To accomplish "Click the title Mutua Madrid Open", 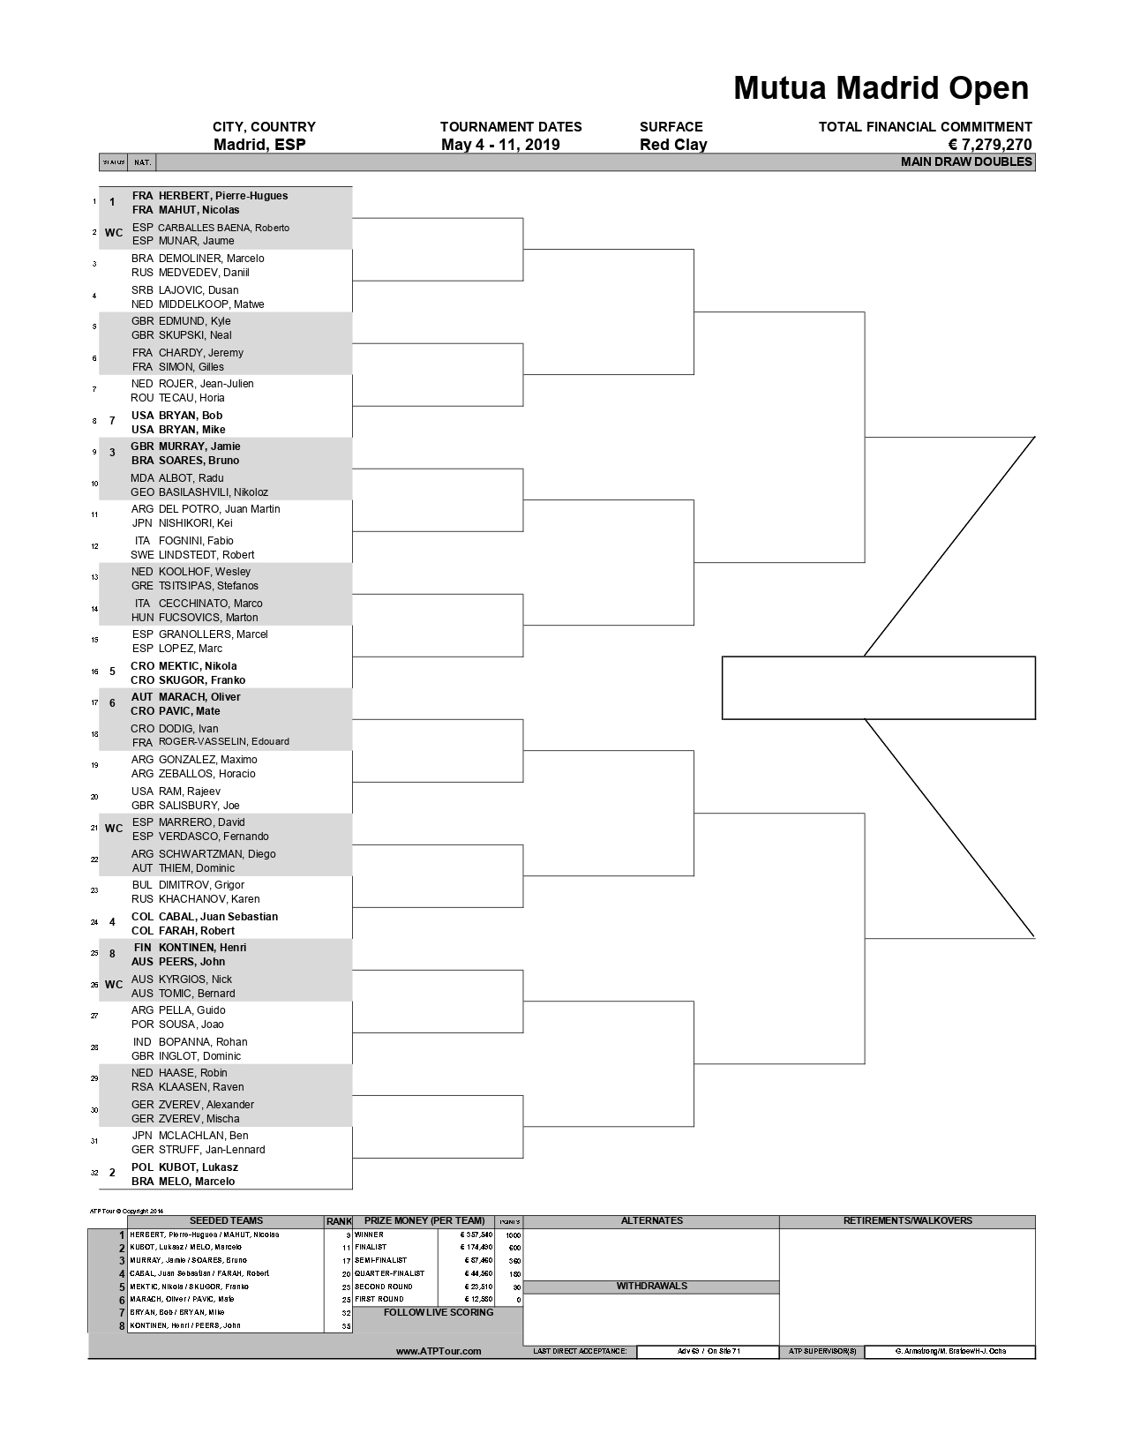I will [881, 88].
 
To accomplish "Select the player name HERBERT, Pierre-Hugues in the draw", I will [222, 196].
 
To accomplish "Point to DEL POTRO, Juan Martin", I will [219, 509].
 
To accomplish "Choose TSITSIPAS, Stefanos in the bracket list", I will [208, 586].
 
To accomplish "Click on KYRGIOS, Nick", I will [195, 979].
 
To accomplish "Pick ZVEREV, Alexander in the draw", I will [206, 1105].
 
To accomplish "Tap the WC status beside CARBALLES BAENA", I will [114, 234].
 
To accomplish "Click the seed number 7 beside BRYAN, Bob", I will [112, 422].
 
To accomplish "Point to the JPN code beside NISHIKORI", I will [142, 523].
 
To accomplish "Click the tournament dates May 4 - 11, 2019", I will [500, 146].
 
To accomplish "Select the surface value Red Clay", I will [673, 146].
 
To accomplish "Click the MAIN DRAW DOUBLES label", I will [966, 162].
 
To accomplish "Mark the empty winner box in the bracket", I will [878, 688].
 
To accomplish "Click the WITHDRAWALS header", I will [651, 1287].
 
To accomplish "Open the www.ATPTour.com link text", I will [439, 1352].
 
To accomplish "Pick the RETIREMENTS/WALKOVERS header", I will [907, 1221].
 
